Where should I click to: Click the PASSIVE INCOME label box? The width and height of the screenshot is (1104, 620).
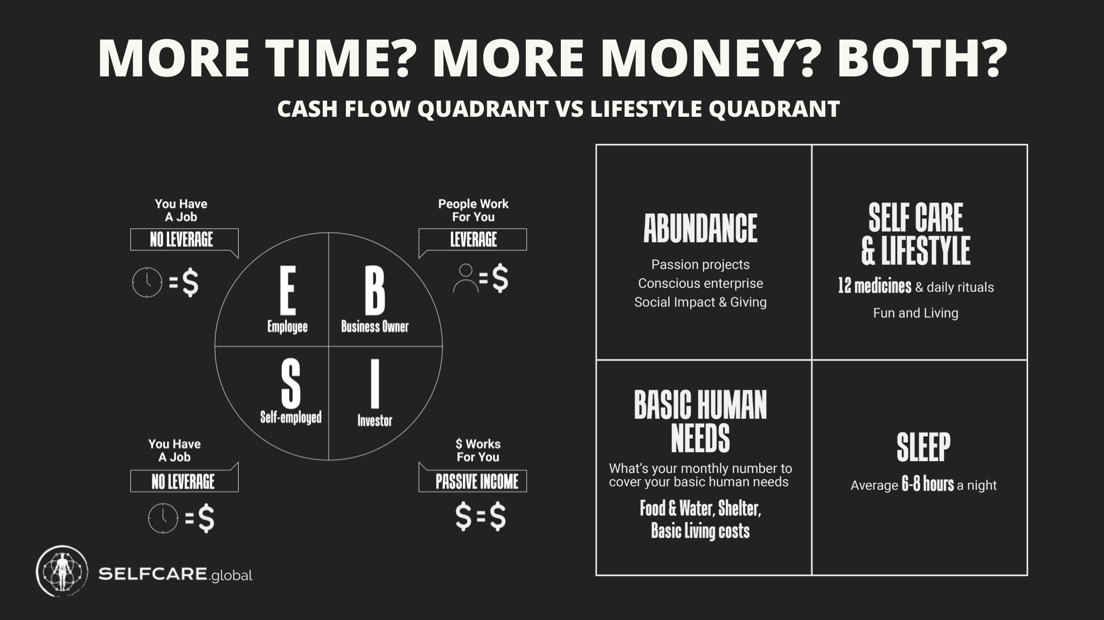(x=473, y=481)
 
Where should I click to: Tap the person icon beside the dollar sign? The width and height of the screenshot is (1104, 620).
(x=466, y=278)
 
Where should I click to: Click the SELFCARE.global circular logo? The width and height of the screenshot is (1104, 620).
(x=62, y=571)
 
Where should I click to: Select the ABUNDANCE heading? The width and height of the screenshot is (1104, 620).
(x=700, y=228)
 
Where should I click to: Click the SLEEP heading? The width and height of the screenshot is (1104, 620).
(x=923, y=447)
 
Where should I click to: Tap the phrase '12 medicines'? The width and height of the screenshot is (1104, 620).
(x=874, y=286)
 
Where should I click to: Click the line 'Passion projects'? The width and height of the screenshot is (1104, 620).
(x=700, y=264)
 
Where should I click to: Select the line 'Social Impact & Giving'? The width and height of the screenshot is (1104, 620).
(x=700, y=302)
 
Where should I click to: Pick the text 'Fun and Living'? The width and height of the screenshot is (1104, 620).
(x=915, y=313)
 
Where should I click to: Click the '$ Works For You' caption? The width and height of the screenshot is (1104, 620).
(x=477, y=450)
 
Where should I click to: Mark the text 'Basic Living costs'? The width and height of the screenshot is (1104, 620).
(x=700, y=531)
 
